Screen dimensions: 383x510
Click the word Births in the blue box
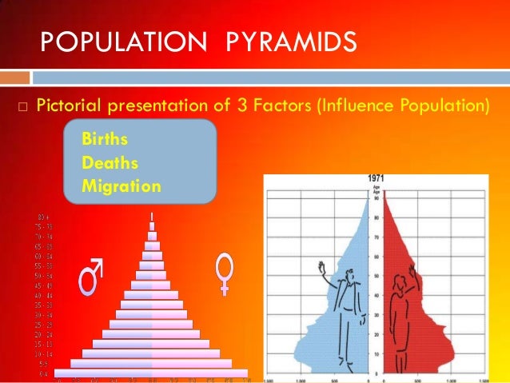pyautogui.click(x=104, y=139)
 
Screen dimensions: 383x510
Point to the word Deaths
pyautogui.click(x=110, y=162)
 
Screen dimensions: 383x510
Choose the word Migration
pyautogui.click(x=122, y=186)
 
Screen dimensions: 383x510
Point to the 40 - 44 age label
pyautogui.click(x=45, y=295)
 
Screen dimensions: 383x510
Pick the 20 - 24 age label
pyautogui.click(x=45, y=333)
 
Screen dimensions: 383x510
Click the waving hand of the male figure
pyautogui.click(x=324, y=265)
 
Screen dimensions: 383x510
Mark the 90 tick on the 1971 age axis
pyautogui.click(x=377, y=197)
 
